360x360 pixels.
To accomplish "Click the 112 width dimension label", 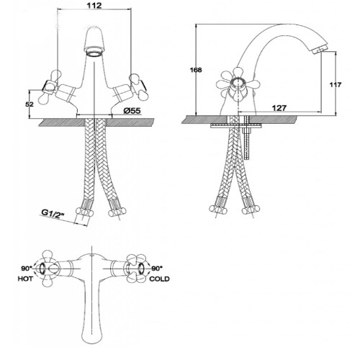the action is [94, 6].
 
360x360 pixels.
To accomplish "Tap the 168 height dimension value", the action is [196, 70].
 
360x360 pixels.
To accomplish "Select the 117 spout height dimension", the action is [335, 85].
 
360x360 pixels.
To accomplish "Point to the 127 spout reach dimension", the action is [279, 108].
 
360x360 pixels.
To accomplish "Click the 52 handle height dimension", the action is [30, 104].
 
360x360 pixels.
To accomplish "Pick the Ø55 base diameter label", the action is [132, 111].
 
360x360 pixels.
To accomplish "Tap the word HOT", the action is [25, 279].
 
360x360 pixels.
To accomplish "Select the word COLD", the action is [159, 279].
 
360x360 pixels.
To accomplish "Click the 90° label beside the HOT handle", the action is [26, 269].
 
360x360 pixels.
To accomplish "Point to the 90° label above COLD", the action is [157, 269].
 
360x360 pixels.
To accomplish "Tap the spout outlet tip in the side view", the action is [318, 50].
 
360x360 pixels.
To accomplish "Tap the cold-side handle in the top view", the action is [136, 269].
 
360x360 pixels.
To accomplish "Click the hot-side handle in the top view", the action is [48, 269].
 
